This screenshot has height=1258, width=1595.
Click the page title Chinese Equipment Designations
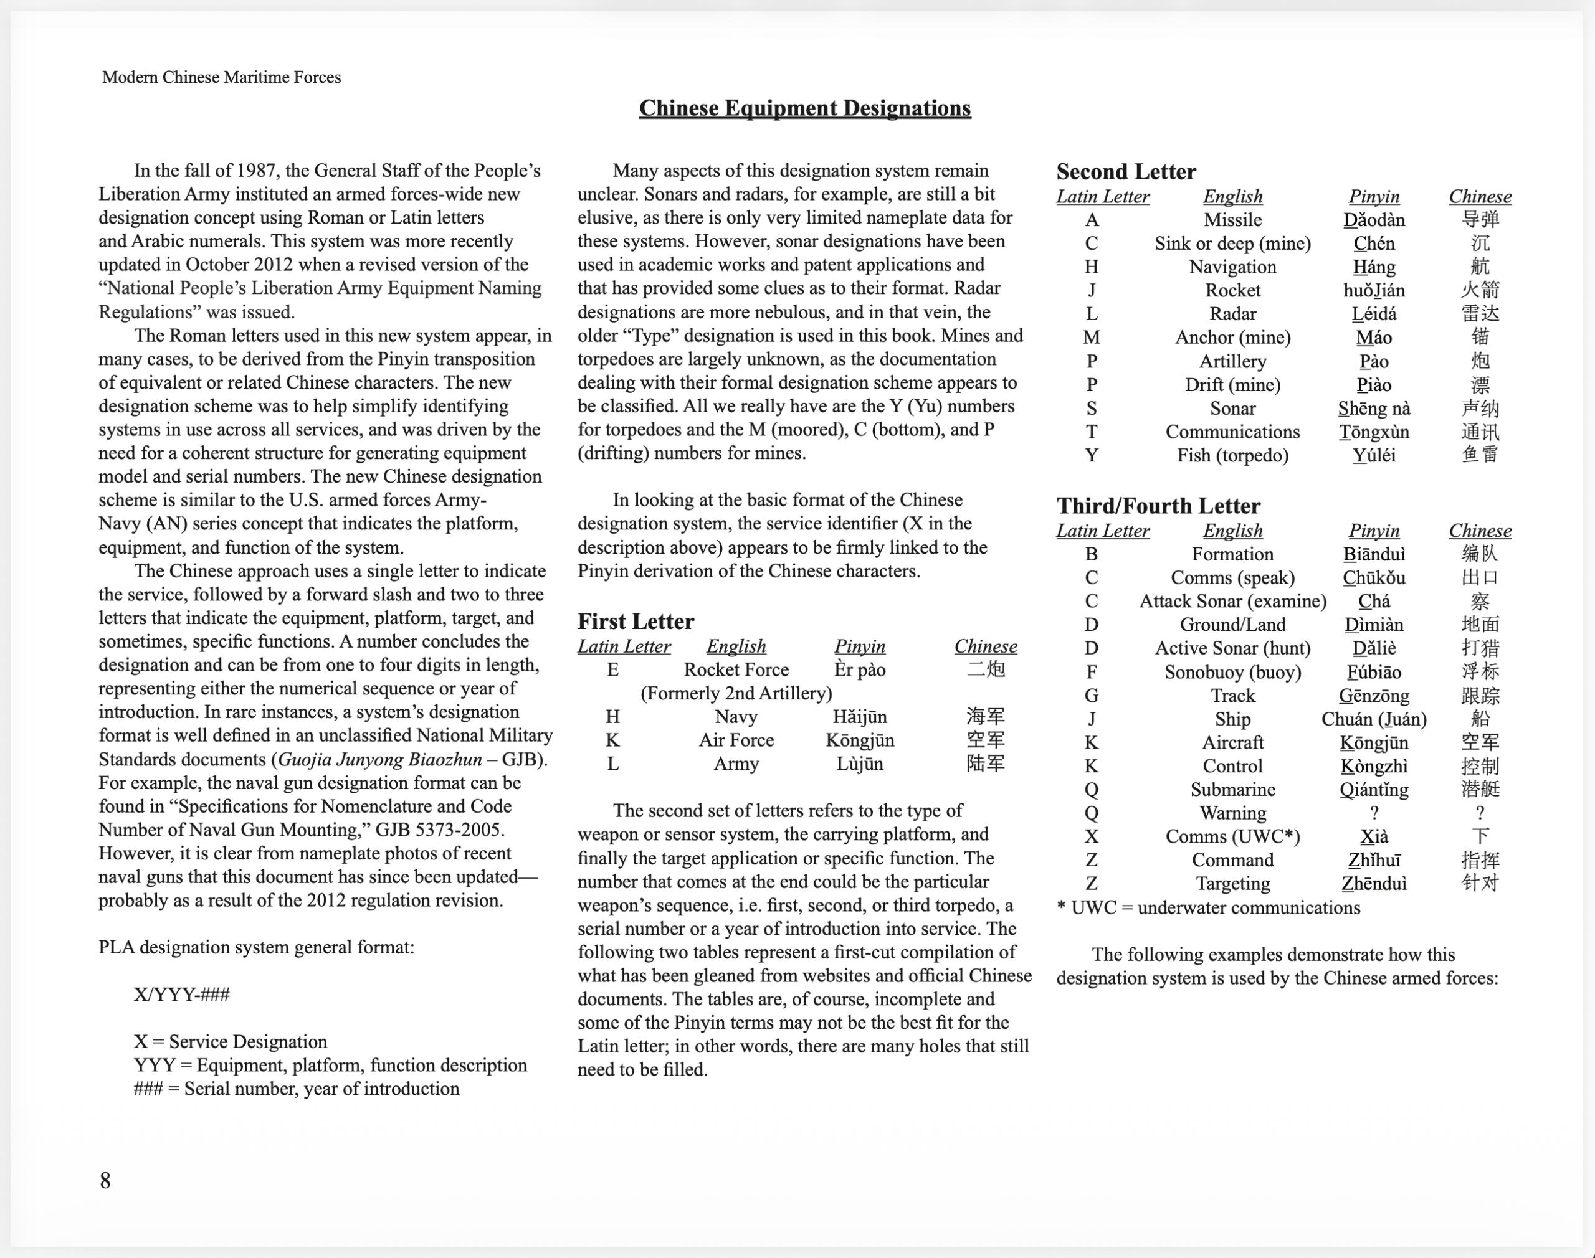coord(804,108)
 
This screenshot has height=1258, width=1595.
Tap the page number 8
coord(105,1181)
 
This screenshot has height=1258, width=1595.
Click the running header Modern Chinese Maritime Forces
coord(221,77)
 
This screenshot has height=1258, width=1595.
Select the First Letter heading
coord(635,621)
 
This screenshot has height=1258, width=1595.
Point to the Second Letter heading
coord(1126,172)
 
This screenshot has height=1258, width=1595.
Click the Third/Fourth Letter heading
coord(1158,506)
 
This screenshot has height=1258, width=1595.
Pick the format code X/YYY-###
coord(182,995)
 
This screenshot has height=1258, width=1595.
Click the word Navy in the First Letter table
coord(736,717)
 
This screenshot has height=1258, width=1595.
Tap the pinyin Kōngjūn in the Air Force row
coord(860,740)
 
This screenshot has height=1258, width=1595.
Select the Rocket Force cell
coord(736,669)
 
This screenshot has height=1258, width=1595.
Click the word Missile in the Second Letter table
coord(1232,220)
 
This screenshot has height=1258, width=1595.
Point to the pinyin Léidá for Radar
coord(1374,314)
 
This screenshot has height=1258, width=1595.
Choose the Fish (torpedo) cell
coord(1232,455)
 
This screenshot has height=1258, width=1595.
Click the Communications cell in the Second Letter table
coord(1232,432)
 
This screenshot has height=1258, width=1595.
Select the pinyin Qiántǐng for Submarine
coord(1374,790)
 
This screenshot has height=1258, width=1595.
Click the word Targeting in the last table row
coord(1232,883)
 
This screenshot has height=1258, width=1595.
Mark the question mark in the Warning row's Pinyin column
coord(1374,813)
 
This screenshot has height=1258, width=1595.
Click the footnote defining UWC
coord(1208,907)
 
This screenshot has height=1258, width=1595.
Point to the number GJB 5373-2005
coord(439,830)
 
